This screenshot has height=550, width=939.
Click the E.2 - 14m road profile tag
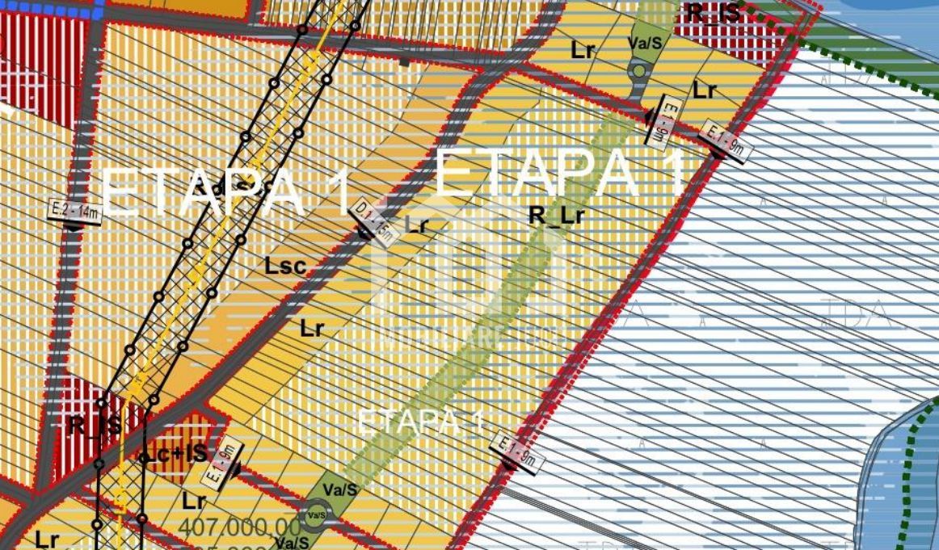[74, 213]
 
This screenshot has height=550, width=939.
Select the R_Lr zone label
[556, 215]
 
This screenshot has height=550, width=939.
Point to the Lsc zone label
[285, 266]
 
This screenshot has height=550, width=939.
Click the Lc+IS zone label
[178, 453]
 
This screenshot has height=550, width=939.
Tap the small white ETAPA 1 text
[420, 422]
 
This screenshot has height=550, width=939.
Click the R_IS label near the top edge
[713, 12]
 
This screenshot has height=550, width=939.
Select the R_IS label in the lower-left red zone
[95, 425]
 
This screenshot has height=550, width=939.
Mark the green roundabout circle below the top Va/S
[639, 71]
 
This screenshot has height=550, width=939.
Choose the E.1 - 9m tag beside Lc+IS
[221, 467]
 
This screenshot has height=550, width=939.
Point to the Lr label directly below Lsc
[312, 328]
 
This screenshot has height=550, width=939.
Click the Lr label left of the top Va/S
[583, 49]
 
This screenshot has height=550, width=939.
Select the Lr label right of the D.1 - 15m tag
[417, 225]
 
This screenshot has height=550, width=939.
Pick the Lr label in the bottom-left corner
[48, 539]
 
